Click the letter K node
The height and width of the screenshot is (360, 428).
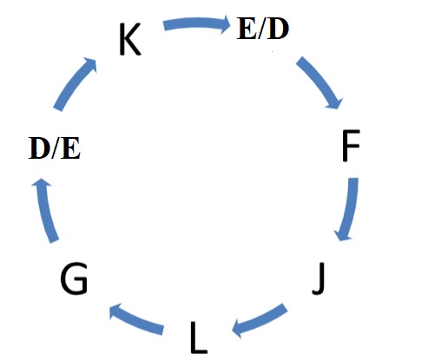(130, 39)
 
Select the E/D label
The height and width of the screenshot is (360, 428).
(263, 29)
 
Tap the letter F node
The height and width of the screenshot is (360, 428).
(351, 146)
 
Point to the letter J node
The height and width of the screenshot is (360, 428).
(319, 278)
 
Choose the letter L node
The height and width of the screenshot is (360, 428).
(199, 337)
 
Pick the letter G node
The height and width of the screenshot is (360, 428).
(74, 278)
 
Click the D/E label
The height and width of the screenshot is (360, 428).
(55, 148)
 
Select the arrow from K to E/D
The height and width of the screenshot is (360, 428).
(197, 23)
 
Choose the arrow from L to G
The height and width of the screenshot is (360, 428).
(136, 319)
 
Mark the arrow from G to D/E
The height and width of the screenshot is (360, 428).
(44, 210)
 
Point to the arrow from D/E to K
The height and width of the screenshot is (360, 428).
(73, 83)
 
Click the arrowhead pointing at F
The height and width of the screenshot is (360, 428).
(335, 102)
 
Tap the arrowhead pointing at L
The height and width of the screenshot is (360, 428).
(239, 329)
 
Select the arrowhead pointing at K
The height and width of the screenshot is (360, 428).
(90, 64)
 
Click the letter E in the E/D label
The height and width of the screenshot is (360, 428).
(247, 29)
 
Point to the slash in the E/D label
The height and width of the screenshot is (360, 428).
(261, 29)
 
